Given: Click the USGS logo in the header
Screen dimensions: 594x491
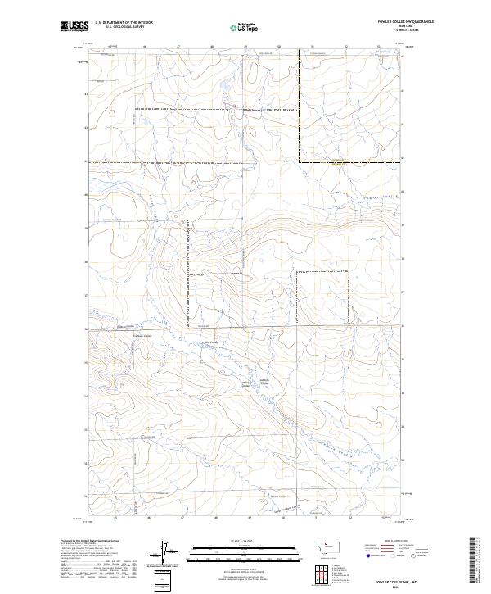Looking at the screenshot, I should (74, 26).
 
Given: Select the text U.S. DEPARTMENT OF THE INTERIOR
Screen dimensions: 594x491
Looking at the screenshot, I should (124, 23).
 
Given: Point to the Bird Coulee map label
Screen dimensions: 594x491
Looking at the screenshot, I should (209, 342).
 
